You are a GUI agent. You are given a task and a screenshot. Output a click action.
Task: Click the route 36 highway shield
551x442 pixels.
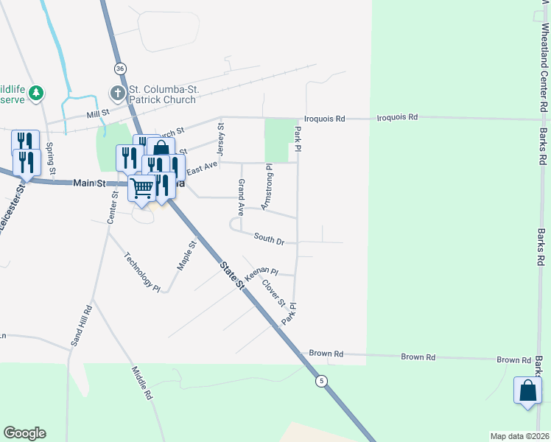click(119, 68)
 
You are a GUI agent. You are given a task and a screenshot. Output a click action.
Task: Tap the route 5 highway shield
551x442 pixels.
click(321, 381)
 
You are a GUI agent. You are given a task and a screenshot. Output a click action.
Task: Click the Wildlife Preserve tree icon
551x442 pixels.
click(35, 94)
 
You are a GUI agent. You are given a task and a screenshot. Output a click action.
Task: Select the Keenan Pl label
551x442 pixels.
click(261, 276)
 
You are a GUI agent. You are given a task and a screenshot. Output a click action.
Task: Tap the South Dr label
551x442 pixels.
click(269, 239)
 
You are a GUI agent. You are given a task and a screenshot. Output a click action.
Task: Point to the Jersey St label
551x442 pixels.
click(219, 136)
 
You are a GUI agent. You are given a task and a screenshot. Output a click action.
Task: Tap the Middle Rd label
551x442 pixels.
click(142, 383)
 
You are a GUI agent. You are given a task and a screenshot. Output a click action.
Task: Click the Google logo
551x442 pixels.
click(24, 433)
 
